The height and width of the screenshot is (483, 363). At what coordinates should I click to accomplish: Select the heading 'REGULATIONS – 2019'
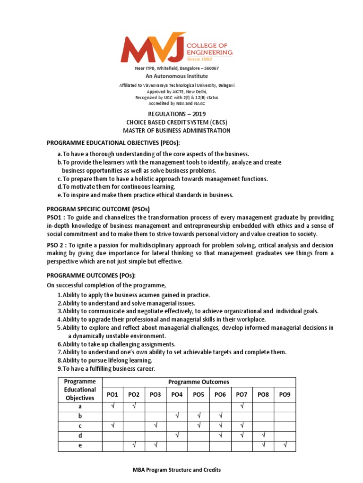(177, 114)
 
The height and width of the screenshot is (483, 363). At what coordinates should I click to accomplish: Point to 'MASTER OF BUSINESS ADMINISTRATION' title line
(177, 131)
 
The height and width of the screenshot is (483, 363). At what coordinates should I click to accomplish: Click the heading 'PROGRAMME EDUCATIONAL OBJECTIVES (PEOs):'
(120, 143)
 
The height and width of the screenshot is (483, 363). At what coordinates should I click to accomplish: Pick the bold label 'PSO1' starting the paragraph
(54, 217)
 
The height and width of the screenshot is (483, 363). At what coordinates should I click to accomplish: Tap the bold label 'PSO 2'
(55, 245)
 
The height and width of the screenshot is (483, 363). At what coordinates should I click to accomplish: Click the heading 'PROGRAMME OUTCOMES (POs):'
(93, 276)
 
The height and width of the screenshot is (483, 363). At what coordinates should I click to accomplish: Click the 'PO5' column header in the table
(199, 394)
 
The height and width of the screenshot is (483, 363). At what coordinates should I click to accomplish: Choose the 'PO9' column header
(285, 394)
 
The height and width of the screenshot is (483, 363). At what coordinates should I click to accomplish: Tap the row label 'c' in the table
(80, 426)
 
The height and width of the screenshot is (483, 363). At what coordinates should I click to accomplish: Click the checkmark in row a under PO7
(242, 406)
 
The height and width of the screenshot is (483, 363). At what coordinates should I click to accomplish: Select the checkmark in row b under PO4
(177, 416)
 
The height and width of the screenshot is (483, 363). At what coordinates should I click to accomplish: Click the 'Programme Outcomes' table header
(199, 382)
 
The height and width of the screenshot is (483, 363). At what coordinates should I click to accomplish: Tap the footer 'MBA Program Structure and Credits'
(176, 470)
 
